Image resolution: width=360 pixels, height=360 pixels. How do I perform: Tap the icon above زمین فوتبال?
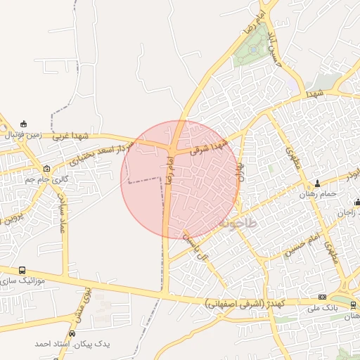tap(25, 124)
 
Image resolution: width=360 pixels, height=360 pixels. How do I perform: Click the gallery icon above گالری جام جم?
tap(47, 169)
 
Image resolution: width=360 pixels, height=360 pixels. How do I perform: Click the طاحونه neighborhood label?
tap(239, 222)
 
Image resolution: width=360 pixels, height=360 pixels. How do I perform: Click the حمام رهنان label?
tap(318, 193)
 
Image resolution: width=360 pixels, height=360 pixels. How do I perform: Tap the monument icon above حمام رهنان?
tap(317, 184)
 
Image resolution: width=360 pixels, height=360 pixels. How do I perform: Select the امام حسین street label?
tap(302, 248)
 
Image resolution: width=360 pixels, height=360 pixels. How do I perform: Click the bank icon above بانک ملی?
tap(323, 297)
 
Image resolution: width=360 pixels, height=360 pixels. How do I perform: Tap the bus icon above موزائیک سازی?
tap(22, 270)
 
